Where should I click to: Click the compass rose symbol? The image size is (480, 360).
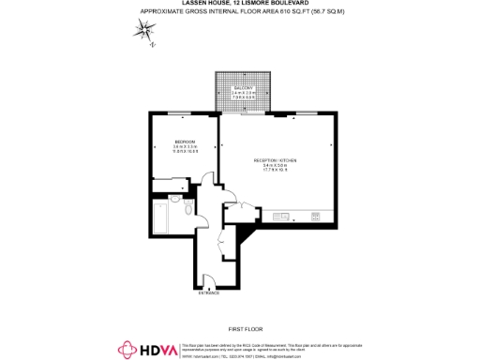[145, 31]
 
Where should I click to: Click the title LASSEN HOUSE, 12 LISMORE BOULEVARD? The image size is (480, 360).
[239, 4]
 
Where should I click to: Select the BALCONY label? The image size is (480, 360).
[243, 87]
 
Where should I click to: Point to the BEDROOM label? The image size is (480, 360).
[184, 142]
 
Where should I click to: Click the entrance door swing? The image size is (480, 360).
[209, 279]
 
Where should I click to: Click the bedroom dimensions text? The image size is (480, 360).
[184, 150]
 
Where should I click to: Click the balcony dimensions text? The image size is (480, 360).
[243, 95]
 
